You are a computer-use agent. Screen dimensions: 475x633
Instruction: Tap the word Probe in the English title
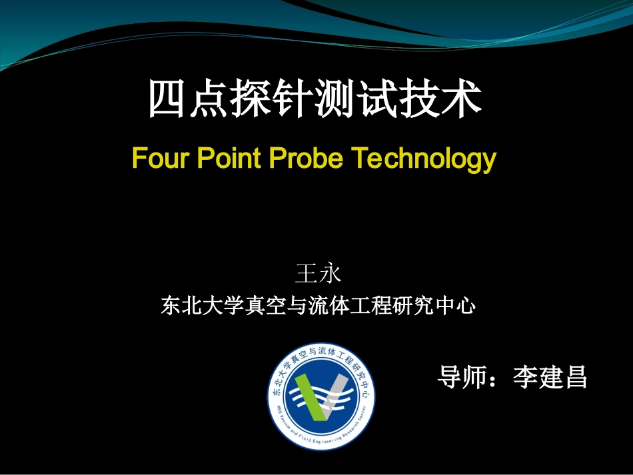tap(307, 159)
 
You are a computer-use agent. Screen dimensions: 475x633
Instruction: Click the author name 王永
tap(318, 274)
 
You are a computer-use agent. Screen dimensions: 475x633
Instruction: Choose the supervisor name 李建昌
tap(550, 377)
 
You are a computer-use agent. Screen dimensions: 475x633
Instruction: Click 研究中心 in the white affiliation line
tap(436, 306)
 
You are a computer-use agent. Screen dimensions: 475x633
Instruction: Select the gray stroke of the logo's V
tap(337, 393)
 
